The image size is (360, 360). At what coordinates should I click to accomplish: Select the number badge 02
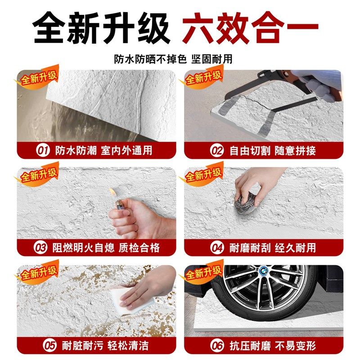pyautogui.click(x=217, y=151)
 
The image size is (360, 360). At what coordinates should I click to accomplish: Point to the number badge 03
pyautogui.click(x=41, y=247)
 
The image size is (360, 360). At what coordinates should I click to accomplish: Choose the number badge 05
pyautogui.click(x=49, y=346)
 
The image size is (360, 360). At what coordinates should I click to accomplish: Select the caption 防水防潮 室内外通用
pyautogui.click(x=104, y=151)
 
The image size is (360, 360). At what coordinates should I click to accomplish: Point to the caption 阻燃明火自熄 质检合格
pyautogui.click(x=107, y=247)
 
